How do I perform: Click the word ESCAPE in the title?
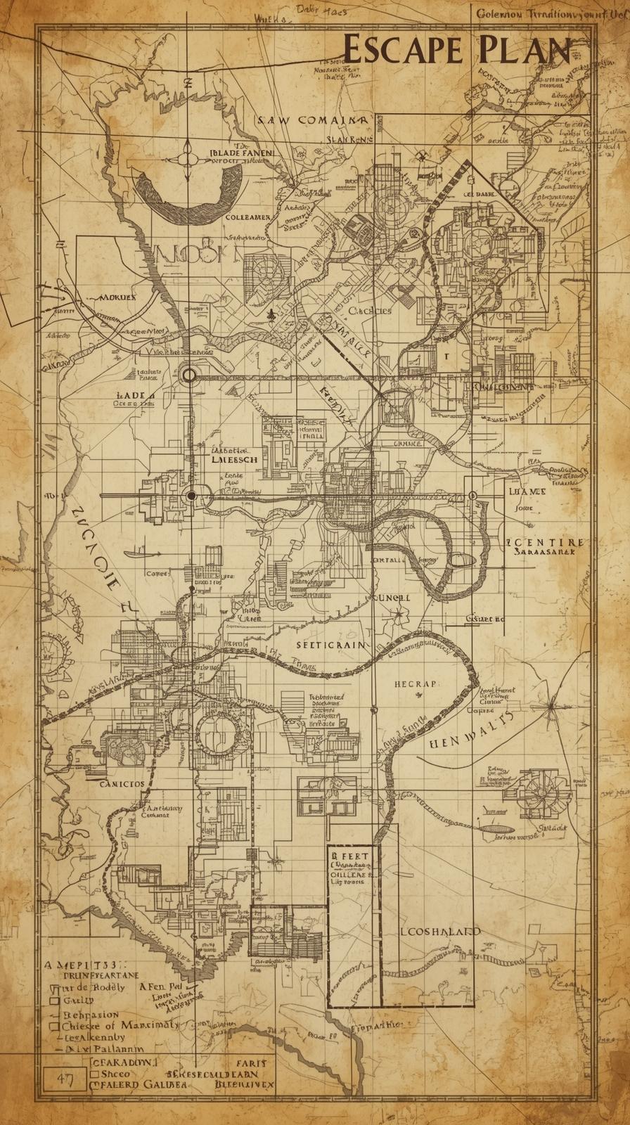click(402, 51)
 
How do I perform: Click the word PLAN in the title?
click(526, 51)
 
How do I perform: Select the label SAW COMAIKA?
click(311, 120)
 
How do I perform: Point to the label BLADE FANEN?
click(243, 151)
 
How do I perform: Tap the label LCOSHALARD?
click(440, 931)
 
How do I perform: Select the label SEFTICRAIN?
click(330, 644)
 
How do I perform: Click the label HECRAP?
click(416, 683)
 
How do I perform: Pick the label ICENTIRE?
click(545, 542)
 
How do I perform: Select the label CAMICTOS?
click(122, 783)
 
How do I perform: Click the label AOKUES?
click(117, 297)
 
